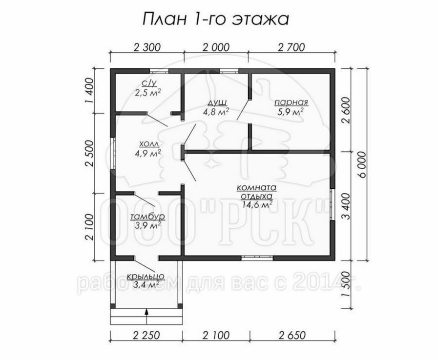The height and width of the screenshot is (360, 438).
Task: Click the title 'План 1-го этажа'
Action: (x=215, y=20)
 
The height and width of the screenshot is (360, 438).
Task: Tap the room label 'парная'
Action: (x=292, y=102)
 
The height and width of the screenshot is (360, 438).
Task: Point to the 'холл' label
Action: (x=149, y=144)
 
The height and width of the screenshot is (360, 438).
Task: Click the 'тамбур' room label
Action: (x=147, y=217)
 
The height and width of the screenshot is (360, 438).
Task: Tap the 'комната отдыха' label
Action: (x=257, y=191)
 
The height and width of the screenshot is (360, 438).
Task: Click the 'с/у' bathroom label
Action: (x=148, y=83)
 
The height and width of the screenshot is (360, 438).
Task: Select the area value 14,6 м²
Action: (x=257, y=205)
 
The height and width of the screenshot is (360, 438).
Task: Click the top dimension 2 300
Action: (x=147, y=47)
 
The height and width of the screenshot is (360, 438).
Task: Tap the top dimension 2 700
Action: (x=292, y=47)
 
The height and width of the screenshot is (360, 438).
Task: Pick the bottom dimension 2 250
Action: (x=146, y=335)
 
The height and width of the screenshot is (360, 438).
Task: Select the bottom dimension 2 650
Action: (x=292, y=335)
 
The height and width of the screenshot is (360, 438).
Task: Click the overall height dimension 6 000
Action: (x=362, y=165)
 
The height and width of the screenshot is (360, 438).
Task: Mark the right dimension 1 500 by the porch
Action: (x=346, y=284)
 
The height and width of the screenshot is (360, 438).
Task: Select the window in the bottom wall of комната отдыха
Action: (x=257, y=258)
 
